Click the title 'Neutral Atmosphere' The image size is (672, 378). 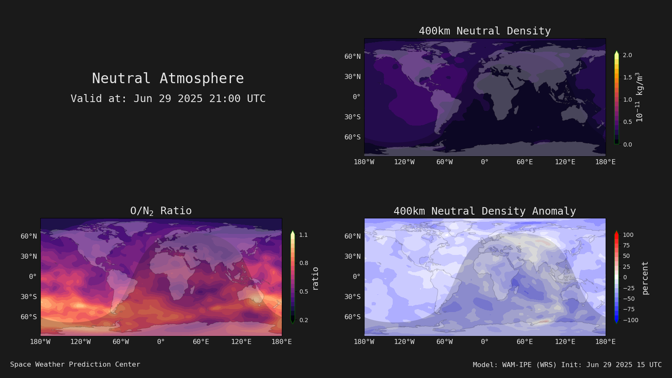tap(168, 78)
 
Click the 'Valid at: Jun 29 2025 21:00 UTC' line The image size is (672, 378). tap(168, 98)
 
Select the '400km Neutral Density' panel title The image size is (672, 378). tap(485, 31)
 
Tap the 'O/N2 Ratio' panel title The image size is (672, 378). tap(161, 211)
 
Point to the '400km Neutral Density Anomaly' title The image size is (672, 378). tap(485, 211)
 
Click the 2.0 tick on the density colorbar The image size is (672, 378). tap(627, 55)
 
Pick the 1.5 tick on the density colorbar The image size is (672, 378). tap(627, 77)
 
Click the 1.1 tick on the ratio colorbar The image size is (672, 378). tap(303, 235)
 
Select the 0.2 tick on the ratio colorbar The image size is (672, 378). tap(304, 320)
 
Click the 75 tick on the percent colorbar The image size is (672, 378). tap(626, 245)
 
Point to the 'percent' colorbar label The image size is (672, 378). tap(645, 278)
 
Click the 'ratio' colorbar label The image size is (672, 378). tap(315, 279)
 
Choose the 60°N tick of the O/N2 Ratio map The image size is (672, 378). tap(29, 236)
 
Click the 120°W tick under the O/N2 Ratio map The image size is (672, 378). tap(80, 342)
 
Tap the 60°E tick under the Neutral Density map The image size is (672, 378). tap(525, 162)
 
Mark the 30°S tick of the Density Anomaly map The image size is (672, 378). tap(352, 297)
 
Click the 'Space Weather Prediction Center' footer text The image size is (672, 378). tap(75, 365)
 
